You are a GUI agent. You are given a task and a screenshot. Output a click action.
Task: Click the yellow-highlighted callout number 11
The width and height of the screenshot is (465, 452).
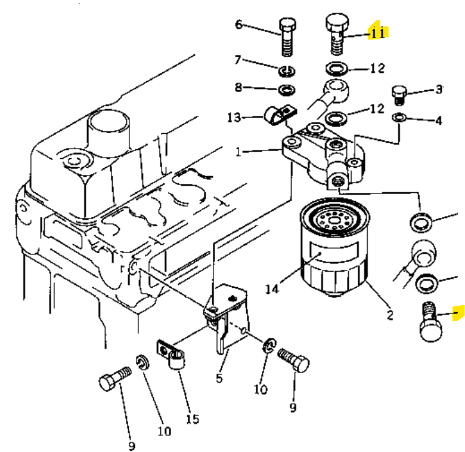click(378, 33)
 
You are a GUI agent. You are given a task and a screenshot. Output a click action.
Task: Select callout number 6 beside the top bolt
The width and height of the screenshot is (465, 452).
click(238, 24)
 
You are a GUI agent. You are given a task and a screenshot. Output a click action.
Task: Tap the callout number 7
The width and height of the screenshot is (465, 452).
click(237, 60)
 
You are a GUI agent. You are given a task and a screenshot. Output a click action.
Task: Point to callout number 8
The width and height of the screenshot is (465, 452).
click(238, 87)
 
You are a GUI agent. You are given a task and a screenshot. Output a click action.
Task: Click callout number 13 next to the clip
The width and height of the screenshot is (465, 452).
click(234, 118)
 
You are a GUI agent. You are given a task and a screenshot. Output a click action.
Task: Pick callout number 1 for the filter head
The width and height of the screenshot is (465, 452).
click(238, 152)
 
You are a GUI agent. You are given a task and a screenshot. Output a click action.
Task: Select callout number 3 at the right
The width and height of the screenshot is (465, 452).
click(439, 90)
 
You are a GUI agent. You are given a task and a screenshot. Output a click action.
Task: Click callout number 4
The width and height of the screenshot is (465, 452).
click(439, 121)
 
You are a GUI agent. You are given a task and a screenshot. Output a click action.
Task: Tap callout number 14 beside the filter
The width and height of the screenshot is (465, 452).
click(272, 288)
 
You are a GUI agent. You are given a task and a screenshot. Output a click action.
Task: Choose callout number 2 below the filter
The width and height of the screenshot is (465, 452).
click(390, 315)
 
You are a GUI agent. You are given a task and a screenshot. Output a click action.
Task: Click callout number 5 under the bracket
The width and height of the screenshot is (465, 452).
click(219, 378)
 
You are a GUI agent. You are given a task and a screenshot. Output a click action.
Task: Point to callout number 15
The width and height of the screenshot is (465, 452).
click(193, 419)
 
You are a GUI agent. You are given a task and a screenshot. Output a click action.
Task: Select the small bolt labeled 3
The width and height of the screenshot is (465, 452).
click(399, 96)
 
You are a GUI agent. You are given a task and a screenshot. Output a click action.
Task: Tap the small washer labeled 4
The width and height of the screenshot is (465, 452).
click(399, 117)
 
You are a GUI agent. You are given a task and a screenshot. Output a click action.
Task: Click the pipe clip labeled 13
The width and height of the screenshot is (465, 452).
click(280, 115)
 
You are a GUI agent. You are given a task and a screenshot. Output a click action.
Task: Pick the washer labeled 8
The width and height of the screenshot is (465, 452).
click(287, 90)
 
